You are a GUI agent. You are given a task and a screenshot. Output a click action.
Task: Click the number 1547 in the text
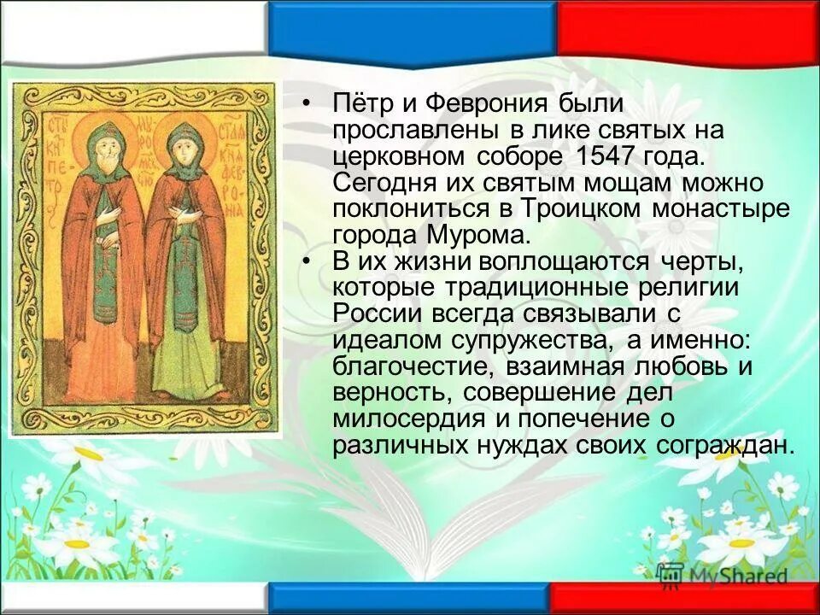[622, 157]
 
